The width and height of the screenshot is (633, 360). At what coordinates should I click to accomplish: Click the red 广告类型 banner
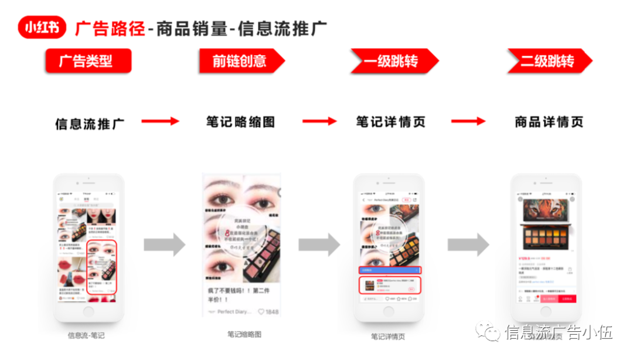(x=88, y=61)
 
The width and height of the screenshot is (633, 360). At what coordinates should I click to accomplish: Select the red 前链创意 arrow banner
(x=240, y=61)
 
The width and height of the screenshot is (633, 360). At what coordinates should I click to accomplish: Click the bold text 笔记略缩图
(x=240, y=122)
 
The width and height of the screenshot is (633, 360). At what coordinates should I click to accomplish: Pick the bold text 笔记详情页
(x=390, y=122)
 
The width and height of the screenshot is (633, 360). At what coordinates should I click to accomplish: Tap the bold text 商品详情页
(x=549, y=122)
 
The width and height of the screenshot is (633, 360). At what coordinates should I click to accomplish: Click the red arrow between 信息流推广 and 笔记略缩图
(x=160, y=121)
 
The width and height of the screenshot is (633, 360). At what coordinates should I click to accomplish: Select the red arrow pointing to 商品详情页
(x=468, y=121)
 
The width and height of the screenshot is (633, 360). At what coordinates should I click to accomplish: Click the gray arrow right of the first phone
(x=164, y=244)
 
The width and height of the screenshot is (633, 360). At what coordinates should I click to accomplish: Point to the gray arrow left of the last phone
(x=468, y=244)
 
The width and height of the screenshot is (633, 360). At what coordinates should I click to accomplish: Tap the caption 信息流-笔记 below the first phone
(x=86, y=336)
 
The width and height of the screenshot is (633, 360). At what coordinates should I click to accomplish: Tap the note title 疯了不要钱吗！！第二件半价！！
(x=240, y=295)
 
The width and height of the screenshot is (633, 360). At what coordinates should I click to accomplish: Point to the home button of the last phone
(x=546, y=311)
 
